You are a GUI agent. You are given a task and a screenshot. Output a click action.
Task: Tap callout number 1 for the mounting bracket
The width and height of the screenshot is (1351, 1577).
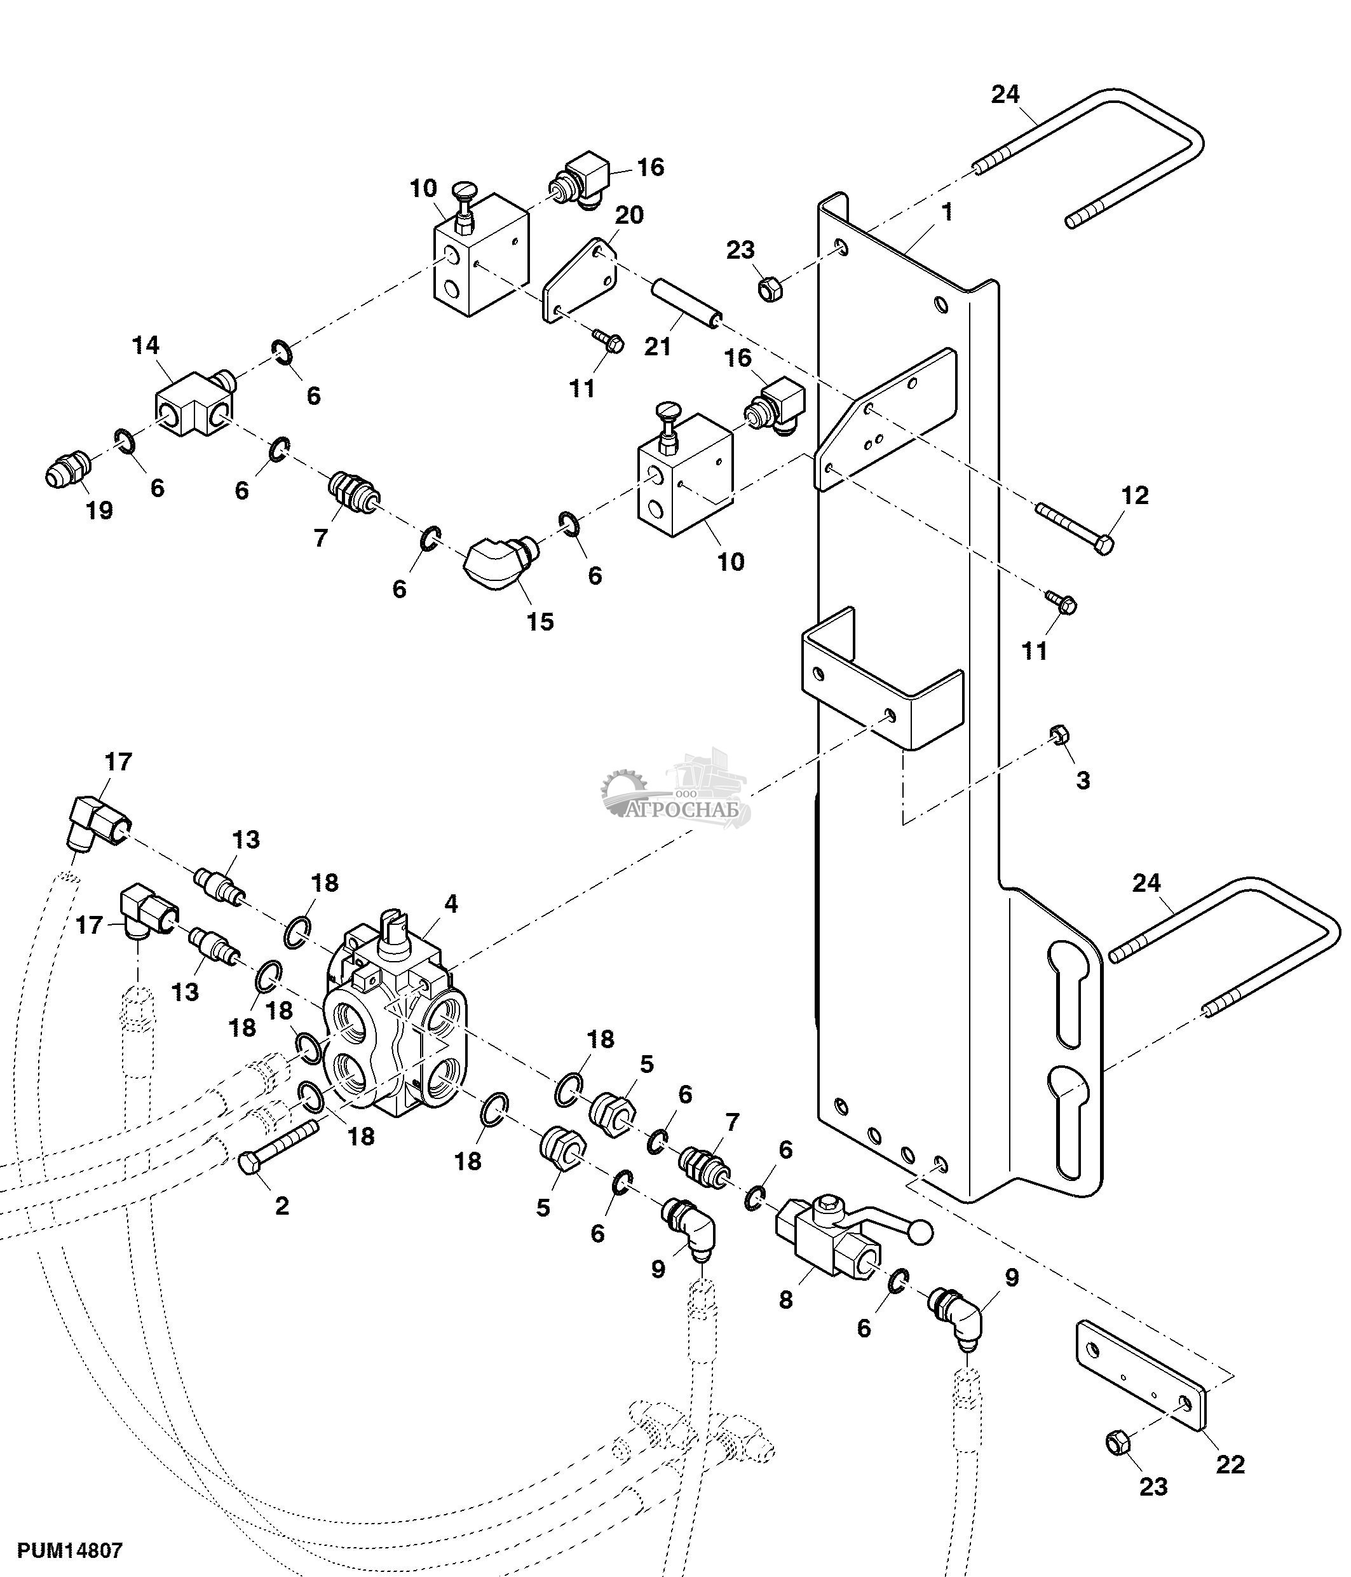(947, 212)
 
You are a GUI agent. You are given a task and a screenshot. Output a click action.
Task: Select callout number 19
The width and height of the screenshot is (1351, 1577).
(99, 509)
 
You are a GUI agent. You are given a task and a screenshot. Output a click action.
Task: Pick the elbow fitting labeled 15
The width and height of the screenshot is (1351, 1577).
(494, 562)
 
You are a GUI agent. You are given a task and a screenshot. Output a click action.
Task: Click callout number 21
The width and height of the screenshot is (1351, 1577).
(658, 346)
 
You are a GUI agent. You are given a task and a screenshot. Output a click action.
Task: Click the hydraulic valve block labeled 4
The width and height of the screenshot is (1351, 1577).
(395, 1039)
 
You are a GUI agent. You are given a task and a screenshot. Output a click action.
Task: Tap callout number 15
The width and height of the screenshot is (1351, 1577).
(540, 621)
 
